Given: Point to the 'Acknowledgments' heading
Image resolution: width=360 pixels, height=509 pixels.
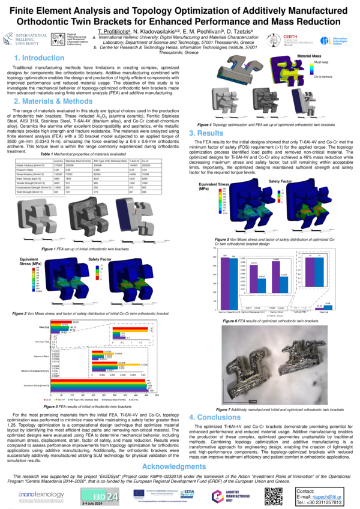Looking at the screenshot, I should coord(179,466).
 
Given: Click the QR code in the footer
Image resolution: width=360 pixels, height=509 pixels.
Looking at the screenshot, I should coord(274,495).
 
